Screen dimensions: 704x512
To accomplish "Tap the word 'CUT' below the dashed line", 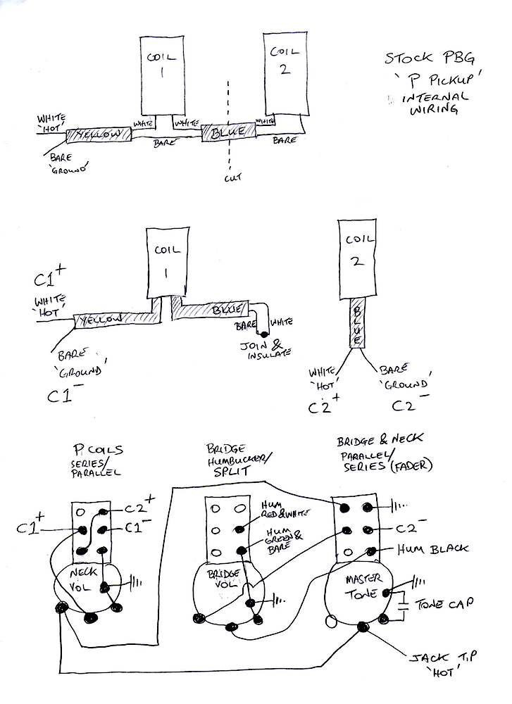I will click(232, 178).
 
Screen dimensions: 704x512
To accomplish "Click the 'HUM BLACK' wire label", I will click(431, 548).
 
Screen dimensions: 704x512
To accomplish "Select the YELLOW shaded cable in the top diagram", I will click(99, 134).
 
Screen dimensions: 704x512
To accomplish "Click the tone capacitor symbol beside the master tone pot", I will click(403, 603).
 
